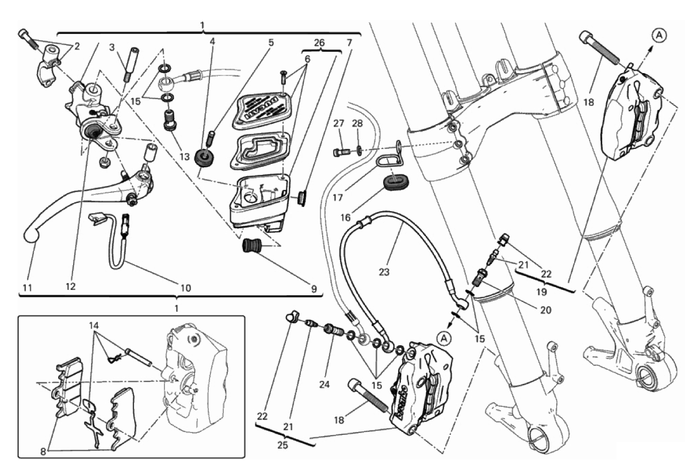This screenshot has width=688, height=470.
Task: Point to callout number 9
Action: tap(314, 289)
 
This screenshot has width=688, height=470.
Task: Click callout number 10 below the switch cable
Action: tap(186, 286)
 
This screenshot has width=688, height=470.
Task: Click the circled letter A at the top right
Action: tap(659, 36)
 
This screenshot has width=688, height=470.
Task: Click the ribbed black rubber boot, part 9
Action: tap(252, 246)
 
